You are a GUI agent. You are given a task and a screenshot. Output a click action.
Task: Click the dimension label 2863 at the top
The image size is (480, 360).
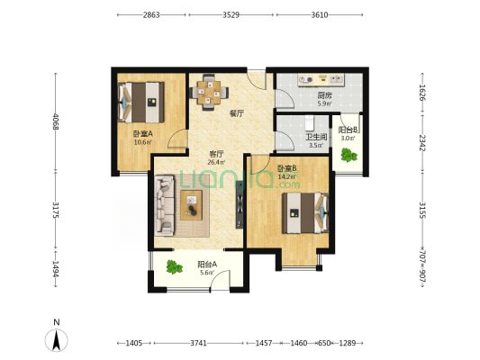(x=151, y=14)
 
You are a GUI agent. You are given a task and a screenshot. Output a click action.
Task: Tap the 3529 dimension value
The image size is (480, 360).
(x=231, y=14)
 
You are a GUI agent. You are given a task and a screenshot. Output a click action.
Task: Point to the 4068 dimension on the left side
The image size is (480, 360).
(x=56, y=121)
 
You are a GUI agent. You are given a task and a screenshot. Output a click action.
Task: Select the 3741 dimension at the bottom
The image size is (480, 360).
(x=198, y=343)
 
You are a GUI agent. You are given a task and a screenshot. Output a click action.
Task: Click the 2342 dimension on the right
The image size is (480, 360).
(x=422, y=142)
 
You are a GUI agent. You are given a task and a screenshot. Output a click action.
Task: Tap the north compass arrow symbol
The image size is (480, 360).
(x=57, y=340)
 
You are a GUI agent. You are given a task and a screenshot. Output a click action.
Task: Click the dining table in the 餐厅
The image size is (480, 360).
(x=209, y=92)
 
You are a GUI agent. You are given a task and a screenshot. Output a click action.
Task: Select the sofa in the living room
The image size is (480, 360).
(x=165, y=205)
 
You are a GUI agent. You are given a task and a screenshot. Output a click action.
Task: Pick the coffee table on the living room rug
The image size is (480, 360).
(x=191, y=205)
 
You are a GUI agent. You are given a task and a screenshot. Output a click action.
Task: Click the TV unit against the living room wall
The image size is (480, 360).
(x=240, y=204)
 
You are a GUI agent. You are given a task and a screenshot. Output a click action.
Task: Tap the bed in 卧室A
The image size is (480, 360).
(x=141, y=103)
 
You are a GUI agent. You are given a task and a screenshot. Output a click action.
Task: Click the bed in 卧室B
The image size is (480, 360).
(x=305, y=213)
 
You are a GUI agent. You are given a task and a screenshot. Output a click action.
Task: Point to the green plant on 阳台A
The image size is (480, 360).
(x=174, y=267)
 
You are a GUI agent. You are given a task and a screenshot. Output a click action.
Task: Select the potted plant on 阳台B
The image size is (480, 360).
(x=349, y=155)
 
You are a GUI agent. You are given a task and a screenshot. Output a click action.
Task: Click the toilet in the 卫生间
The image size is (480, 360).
(x=309, y=122)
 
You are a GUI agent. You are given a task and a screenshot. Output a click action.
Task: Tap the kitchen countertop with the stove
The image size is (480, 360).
(x=322, y=80)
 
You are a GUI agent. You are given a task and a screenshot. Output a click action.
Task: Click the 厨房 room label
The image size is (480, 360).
(x=324, y=95)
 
